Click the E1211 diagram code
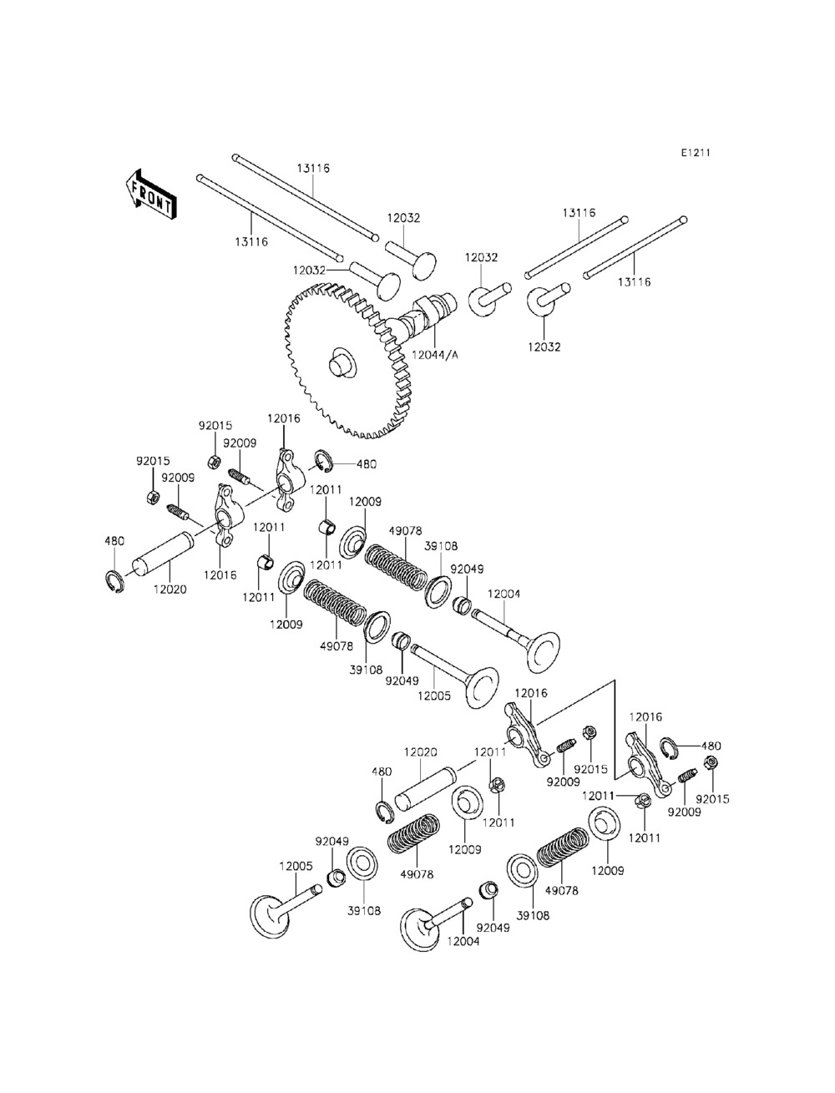(695, 153)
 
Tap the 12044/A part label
(436, 355)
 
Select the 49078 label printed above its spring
(406, 529)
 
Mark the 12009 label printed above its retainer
(365, 502)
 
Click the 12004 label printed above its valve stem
(504, 594)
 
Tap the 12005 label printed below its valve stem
(434, 695)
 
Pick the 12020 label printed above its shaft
(421, 751)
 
